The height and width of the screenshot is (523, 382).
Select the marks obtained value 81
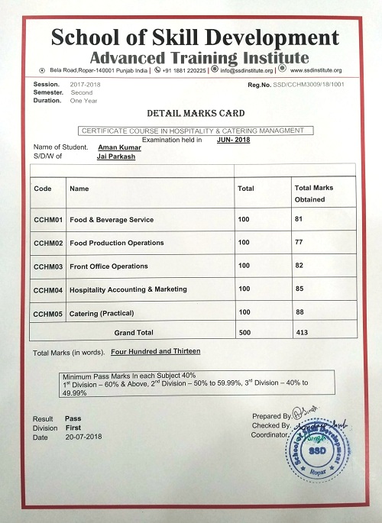click(x=299, y=219)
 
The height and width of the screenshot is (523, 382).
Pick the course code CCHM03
click(x=47, y=266)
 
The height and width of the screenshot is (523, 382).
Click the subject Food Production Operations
click(x=116, y=243)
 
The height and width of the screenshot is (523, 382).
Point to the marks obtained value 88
click(x=299, y=312)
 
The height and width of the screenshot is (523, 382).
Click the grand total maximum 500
click(x=244, y=332)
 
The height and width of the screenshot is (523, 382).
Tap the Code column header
click(x=43, y=188)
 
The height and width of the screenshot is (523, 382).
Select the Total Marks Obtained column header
click(x=313, y=193)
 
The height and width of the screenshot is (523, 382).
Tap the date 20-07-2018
click(x=84, y=437)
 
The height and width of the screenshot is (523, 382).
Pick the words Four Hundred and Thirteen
click(x=156, y=351)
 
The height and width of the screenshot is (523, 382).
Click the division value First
click(x=73, y=428)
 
